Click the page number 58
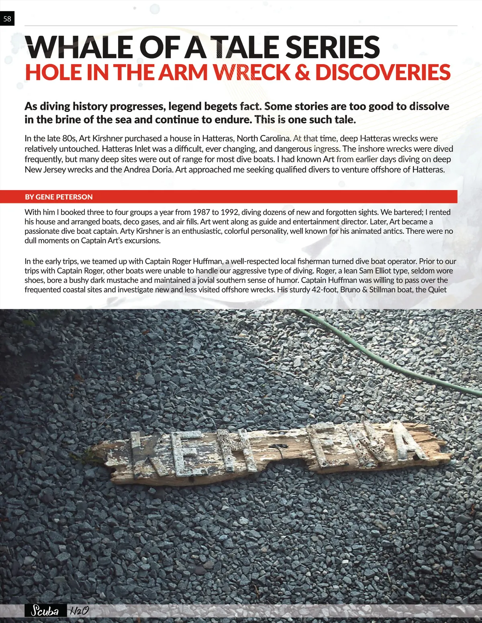7,18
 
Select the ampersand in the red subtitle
302,73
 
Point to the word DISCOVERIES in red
382,73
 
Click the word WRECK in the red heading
251,73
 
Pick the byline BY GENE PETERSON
59,197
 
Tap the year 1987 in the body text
201,212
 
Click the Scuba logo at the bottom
45,612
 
